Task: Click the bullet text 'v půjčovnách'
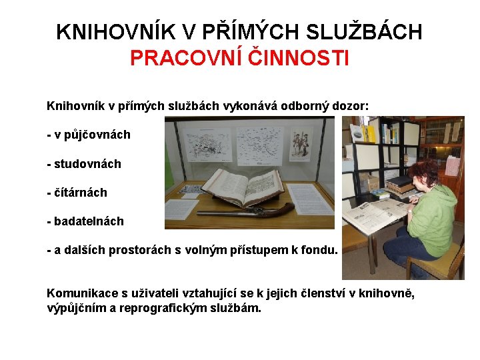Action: point(93,135)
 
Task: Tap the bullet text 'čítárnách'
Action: point(80,193)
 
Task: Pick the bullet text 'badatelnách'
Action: point(89,221)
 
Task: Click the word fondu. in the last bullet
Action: point(321,251)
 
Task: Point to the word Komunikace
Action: point(77,294)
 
